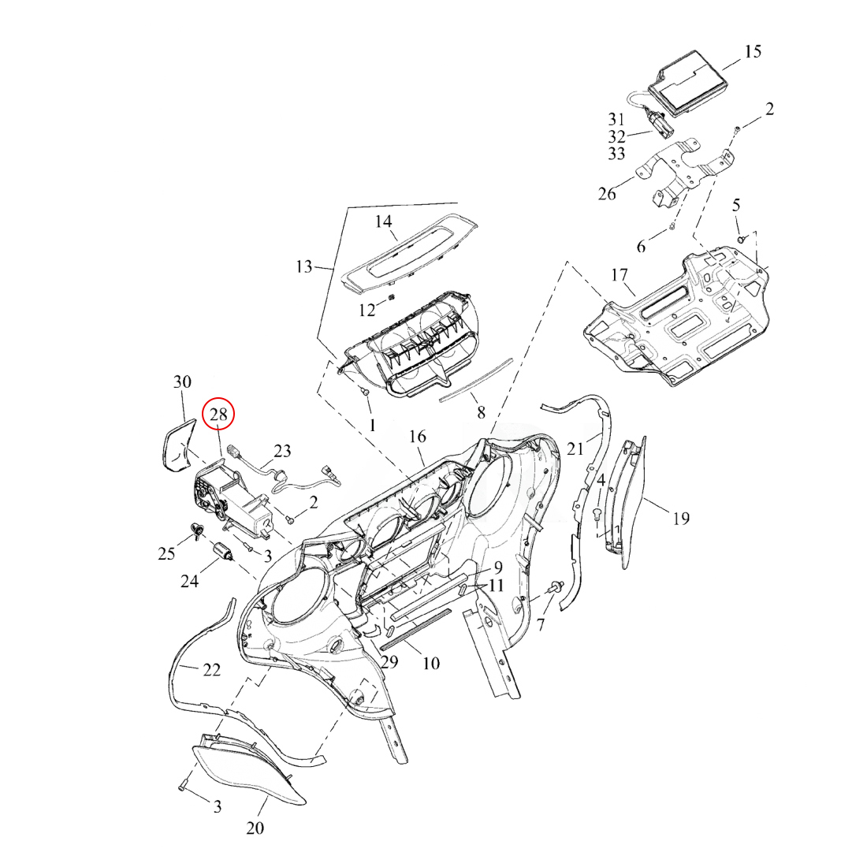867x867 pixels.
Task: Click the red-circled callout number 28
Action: coord(218,413)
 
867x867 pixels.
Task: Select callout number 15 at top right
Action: coord(753,51)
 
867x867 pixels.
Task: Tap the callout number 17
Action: coord(619,276)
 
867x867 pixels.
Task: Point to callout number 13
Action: coord(304,266)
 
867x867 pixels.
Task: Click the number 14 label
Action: coord(383,222)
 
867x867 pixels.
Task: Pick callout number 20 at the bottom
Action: coord(255,828)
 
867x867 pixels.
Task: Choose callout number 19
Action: coord(680,518)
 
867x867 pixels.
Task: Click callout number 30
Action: coord(182,382)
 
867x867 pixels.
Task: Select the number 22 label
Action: coord(211,670)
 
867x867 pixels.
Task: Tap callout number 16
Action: coord(417,436)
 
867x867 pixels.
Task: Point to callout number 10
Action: coord(430,663)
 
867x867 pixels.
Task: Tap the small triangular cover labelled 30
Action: coord(177,445)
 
